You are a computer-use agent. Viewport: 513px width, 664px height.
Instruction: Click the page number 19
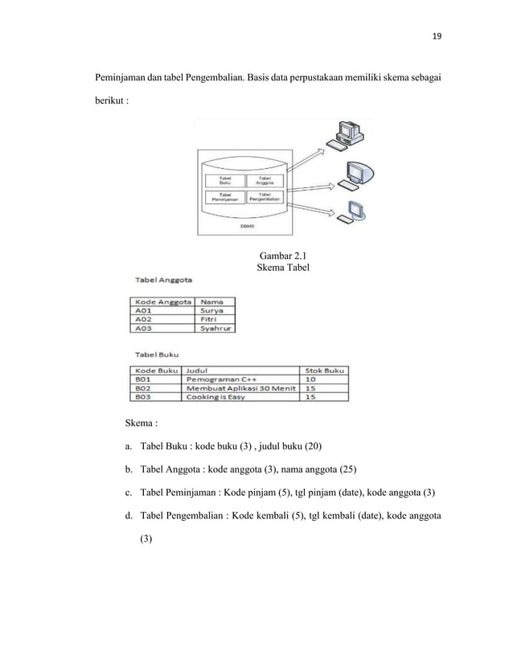[437, 36]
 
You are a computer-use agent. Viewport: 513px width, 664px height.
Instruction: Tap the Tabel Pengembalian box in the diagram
[263, 196]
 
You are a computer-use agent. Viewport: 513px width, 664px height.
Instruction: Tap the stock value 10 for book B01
[310, 379]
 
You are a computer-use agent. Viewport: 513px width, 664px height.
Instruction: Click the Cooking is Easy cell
[215, 397]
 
